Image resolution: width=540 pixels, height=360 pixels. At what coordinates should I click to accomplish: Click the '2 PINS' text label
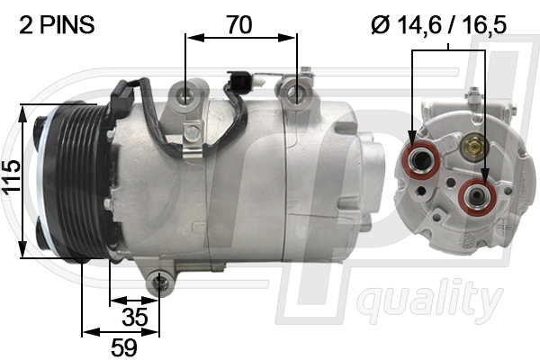57,24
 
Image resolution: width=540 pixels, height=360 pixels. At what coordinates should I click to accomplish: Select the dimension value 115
12,181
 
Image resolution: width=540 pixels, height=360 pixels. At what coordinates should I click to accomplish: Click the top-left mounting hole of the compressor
185,94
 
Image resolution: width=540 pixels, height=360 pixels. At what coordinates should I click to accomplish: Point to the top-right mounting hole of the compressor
292,90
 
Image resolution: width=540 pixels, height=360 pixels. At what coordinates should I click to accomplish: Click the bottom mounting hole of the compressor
160,284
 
